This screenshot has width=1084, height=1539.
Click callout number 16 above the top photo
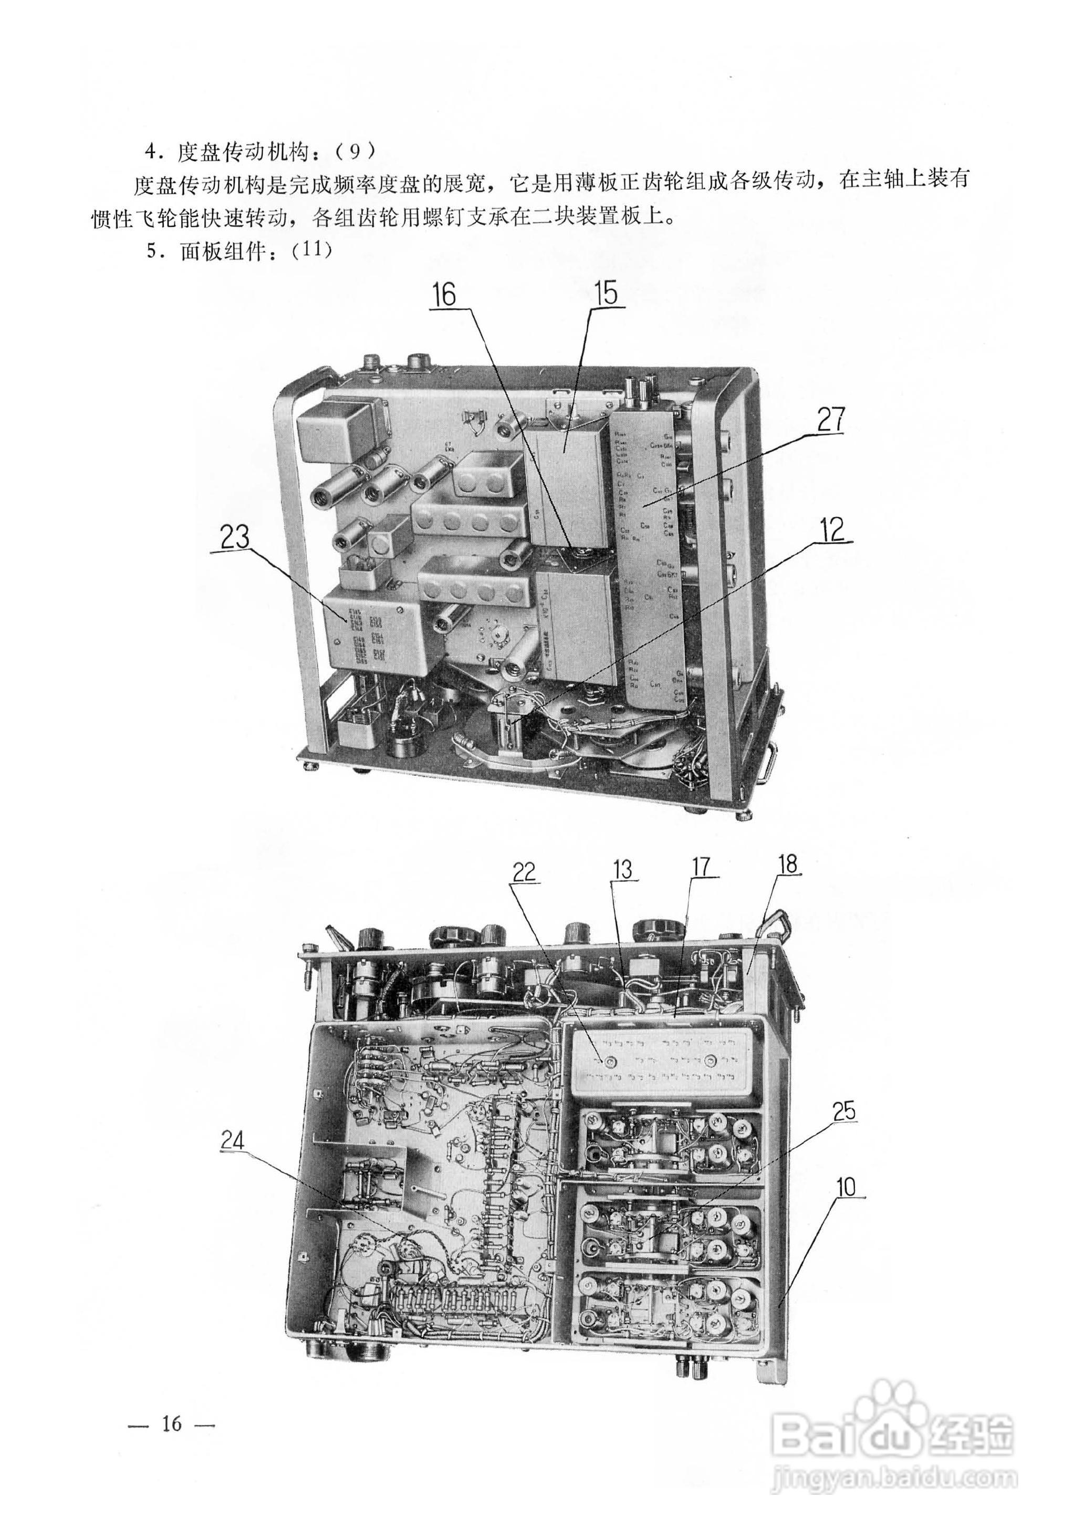click(443, 294)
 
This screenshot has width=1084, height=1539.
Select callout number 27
click(831, 420)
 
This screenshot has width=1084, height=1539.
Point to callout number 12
click(832, 530)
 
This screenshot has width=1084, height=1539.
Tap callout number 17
click(701, 867)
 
